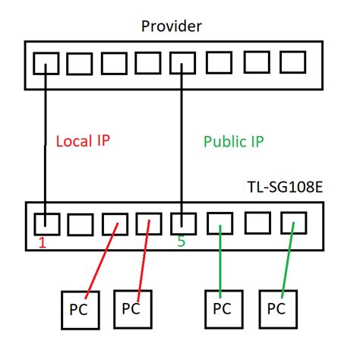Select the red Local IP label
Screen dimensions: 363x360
pyautogui.click(x=84, y=141)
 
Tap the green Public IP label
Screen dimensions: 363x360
pyautogui.click(x=234, y=141)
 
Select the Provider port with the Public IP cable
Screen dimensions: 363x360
pyautogui.click(x=182, y=63)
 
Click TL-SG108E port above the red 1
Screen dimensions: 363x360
pyautogui.click(x=47, y=224)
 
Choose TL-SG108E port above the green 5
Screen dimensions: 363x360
pyautogui.click(x=182, y=224)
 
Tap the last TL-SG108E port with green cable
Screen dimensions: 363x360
pyautogui.click(x=292, y=223)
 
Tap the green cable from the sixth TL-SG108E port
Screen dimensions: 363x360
pyautogui.click(x=220, y=262)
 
